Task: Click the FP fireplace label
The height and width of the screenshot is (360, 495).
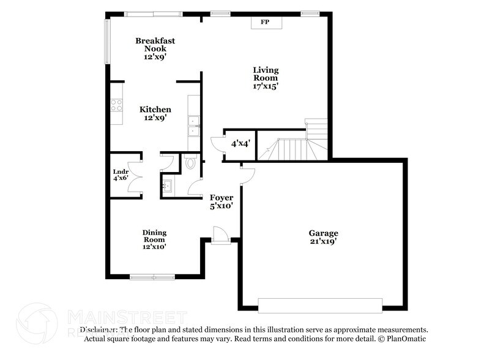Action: [265, 22]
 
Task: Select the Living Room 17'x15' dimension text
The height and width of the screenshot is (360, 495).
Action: [266, 86]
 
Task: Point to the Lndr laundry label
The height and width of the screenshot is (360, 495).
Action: [120, 171]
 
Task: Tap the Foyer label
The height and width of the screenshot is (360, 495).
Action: [221, 197]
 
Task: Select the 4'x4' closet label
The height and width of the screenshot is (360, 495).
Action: [239, 144]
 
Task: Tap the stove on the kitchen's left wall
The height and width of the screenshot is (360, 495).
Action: [116, 105]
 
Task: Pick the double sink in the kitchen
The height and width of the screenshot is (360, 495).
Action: [193, 124]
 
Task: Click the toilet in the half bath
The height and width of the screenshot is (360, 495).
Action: [190, 163]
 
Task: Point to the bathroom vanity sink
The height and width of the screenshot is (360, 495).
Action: [168, 184]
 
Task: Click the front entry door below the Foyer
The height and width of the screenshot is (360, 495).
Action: [219, 236]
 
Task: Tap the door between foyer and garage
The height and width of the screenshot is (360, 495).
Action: [247, 175]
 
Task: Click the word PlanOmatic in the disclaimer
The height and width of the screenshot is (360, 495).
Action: [404, 338]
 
